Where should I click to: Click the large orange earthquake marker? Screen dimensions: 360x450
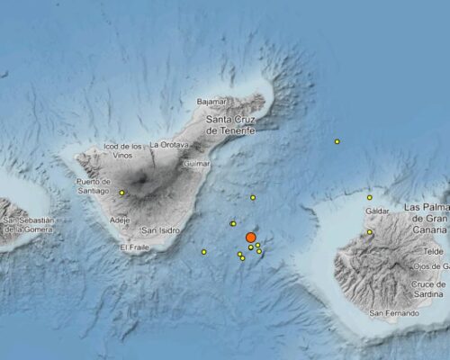click(251, 238)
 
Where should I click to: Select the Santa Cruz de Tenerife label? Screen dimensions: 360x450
click(231, 124)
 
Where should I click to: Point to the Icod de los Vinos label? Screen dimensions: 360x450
click(123, 151)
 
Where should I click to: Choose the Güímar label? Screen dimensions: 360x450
click(196, 164)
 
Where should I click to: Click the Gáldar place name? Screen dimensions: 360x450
click(377, 211)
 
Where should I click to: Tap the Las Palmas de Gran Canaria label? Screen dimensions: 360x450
click(426, 214)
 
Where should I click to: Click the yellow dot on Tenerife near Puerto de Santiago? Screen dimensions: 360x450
click(121, 193)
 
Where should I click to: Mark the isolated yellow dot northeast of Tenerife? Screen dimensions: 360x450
click(337, 141)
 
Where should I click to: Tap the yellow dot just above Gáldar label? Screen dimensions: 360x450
click(370, 197)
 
